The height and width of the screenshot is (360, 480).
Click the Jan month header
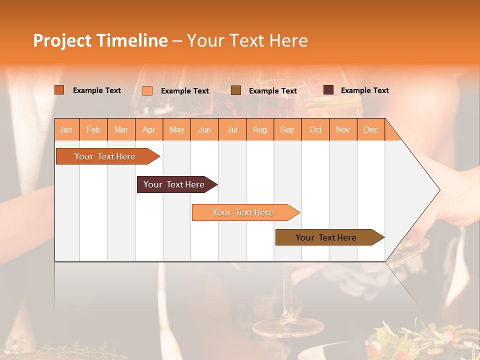tap(66, 129)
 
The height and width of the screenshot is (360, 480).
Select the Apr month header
tap(148, 129)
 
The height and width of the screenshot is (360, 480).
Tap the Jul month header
tap(232, 129)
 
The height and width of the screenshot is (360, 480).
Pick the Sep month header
tap(287, 129)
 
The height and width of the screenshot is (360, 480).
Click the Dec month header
tap(370, 129)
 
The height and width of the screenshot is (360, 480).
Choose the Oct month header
tap(315, 129)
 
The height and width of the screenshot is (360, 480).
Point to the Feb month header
tap(93, 129)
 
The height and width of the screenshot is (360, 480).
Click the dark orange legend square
tap(59, 90)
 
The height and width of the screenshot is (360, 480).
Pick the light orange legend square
tap(147, 90)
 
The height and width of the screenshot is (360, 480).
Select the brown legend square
tap(236, 90)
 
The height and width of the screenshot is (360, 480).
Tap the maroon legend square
tap(328, 90)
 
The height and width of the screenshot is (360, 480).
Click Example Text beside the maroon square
tap(364, 90)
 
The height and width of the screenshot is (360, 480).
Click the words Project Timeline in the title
tap(100, 40)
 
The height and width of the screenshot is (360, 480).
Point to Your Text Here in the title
tap(247, 40)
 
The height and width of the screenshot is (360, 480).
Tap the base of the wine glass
tap(288, 328)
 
